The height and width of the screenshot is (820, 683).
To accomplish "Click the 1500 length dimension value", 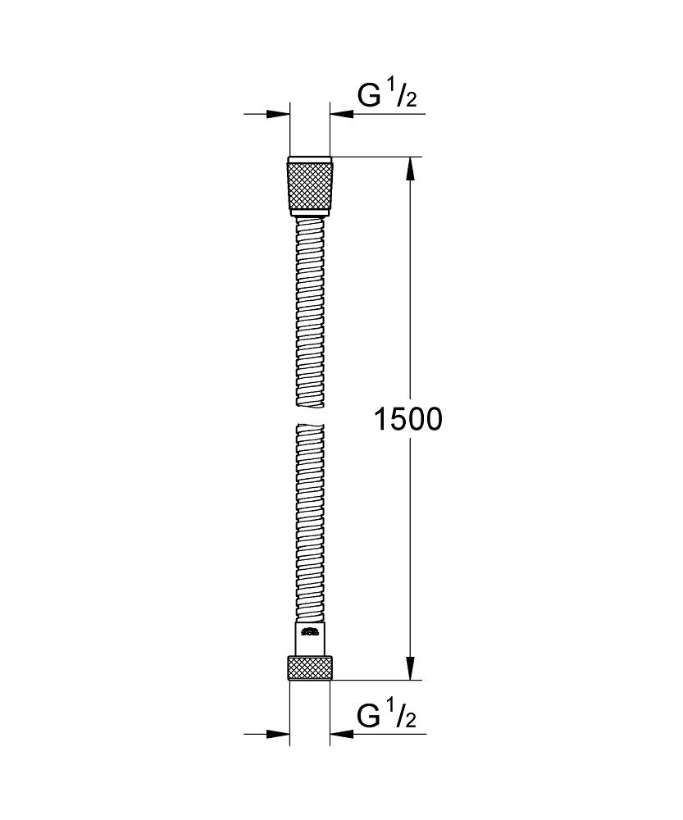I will [x=408, y=419].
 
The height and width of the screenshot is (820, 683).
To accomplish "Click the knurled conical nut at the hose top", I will [x=310, y=185].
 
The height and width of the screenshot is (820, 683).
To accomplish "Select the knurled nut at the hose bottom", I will [x=310, y=667].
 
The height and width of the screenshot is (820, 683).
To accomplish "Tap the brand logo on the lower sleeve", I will [x=309, y=631].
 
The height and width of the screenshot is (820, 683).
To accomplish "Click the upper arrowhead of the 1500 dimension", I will [x=411, y=167].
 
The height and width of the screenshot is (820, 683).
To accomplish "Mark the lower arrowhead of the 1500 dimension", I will [x=411, y=667].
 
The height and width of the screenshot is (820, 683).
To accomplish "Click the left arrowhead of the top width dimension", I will [x=280, y=114].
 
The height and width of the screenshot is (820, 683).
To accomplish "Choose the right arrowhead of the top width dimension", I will [x=341, y=114].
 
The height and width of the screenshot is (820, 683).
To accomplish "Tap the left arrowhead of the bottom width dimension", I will [x=280, y=733].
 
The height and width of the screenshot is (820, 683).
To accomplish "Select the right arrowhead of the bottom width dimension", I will [x=341, y=733].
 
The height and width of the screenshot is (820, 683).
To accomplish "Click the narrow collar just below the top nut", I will [x=310, y=214].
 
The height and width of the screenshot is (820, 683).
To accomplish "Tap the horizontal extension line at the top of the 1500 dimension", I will [x=377, y=156].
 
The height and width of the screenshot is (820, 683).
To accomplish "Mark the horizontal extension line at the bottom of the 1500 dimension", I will [x=377, y=680].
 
